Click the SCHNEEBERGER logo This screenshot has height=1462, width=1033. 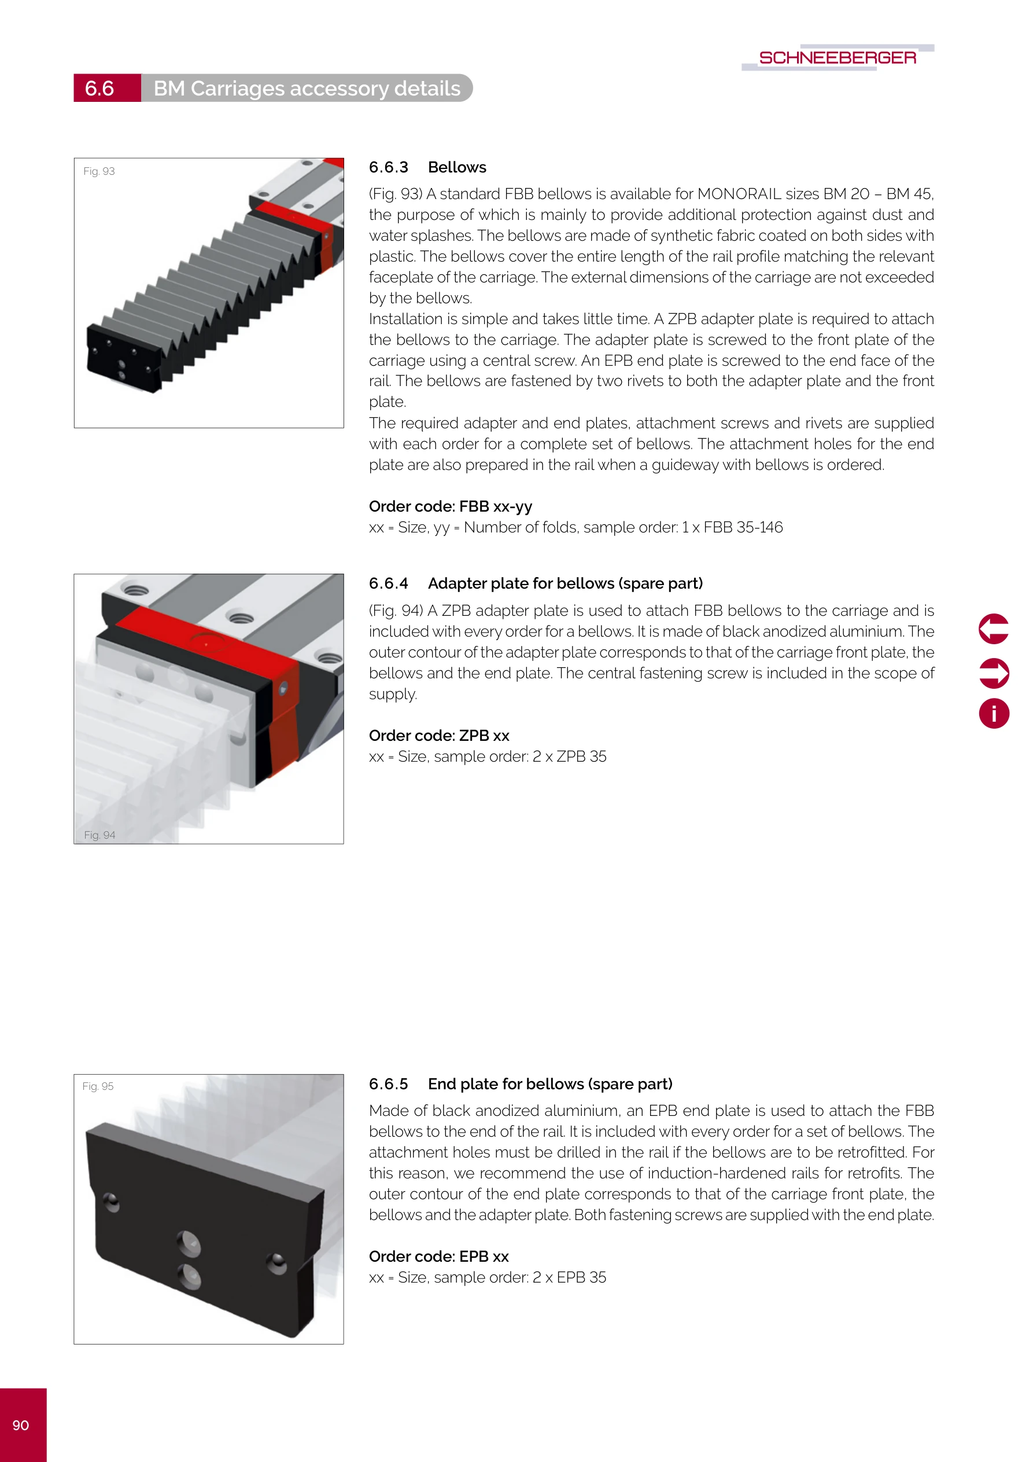click(837, 58)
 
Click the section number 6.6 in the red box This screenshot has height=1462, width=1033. click(99, 89)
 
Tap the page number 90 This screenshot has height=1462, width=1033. click(21, 1425)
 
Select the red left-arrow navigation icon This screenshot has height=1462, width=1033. click(994, 629)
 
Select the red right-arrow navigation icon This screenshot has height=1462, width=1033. click(994, 673)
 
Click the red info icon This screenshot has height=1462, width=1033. click(994, 713)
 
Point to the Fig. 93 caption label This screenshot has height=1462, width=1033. click(99, 171)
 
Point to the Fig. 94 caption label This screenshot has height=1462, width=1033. click(100, 835)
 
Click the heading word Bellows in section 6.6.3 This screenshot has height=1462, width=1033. click(457, 167)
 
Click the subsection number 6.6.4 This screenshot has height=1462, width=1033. click(388, 583)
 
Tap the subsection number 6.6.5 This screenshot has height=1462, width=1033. click(388, 1083)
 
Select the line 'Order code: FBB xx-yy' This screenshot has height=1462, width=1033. click(450, 506)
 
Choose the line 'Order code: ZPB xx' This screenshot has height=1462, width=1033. click(439, 736)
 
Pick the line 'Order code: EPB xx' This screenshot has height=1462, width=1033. click(438, 1257)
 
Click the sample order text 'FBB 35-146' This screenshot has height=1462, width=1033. click(743, 527)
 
